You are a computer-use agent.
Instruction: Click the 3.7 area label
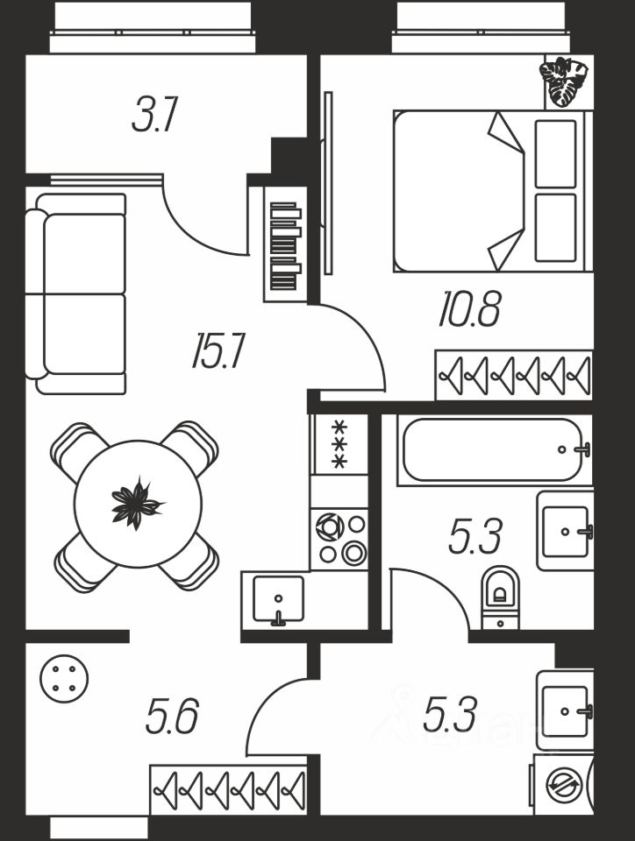click(x=154, y=114)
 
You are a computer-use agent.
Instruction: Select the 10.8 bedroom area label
click(x=470, y=308)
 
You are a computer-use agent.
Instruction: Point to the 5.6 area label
click(x=172, y=715)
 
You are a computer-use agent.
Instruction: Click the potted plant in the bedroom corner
click(x=564, y=81)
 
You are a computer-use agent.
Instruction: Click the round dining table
click(x=138, y=504)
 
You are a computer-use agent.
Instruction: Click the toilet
click(x=501, y=597)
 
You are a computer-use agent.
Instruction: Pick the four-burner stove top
click(x=339, y=539)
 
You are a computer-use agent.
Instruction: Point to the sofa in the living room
click(x=75, y=294)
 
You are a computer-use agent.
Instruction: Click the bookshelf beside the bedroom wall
click(x=286, y=244)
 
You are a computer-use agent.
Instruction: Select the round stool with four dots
click(x=64, y=679)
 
